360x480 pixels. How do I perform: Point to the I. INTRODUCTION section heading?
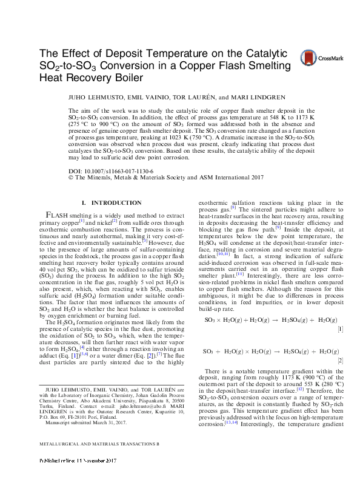[111, 202]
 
